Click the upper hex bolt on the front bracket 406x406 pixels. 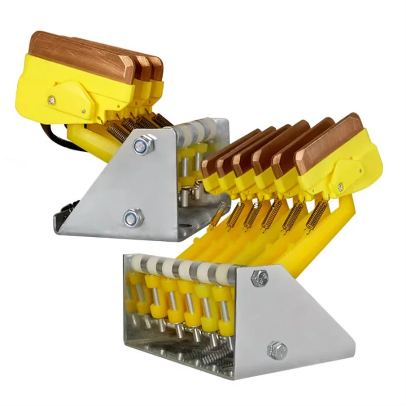tap(260, 277)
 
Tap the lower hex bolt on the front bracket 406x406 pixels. tap(277, 349)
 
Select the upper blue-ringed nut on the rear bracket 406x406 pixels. tap(142, 145)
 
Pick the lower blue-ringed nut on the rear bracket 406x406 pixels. tap(133, 218)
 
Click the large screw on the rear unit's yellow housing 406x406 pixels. tap(52, 100)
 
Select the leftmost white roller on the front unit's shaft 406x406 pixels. tap(137, 264)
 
